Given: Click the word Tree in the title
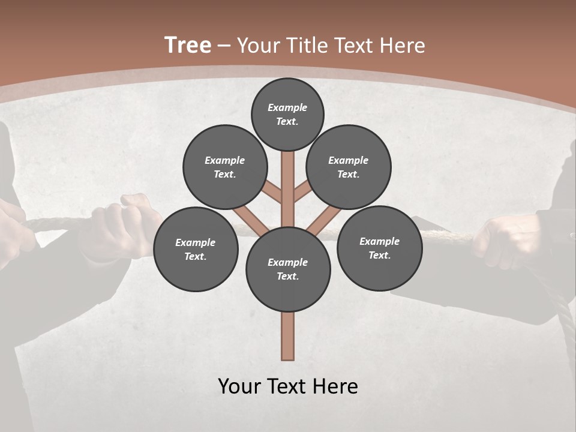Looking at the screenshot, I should click(188, 45).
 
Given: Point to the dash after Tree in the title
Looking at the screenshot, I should click(224, 46).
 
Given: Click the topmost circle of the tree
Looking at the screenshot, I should click(287, 114).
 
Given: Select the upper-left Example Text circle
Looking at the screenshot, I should click(224, 167).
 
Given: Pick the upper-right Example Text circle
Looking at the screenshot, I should click(349, 167).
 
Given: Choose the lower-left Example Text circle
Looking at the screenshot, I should click(196, 249).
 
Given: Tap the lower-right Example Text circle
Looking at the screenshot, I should click(379, 248).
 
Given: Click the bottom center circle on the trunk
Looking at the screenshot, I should click(288, 269).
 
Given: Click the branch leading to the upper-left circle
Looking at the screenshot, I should click(272, 193).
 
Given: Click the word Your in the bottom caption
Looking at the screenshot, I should click(239, 386).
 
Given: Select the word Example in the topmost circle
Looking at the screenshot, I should click(287, 107).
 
